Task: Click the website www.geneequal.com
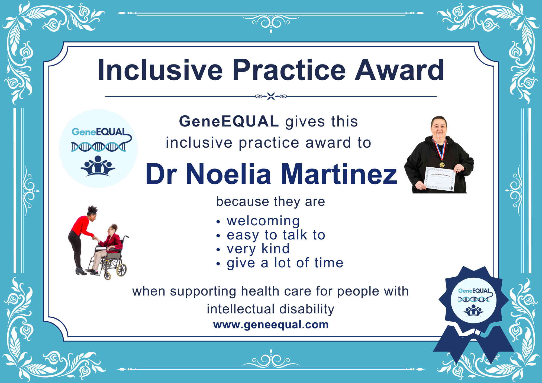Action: click(x=271, y=324)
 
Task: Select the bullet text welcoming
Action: click(x=263, y=221)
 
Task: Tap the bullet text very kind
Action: click(x=258, y=249)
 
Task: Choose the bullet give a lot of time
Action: click(x=285, y=263)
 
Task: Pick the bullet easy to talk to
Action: click(x=276, y=235)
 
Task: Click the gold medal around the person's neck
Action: click(x=442, y=165)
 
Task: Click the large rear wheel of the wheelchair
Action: click(x=121, y=270)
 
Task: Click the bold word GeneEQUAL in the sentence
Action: click(x=229, y=121)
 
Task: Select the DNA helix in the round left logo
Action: click(x=98, y=147)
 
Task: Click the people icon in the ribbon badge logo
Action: click(x=473, y=310)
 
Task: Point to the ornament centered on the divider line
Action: click(x=271, y=96)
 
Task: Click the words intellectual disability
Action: click(x=270, y=309)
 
